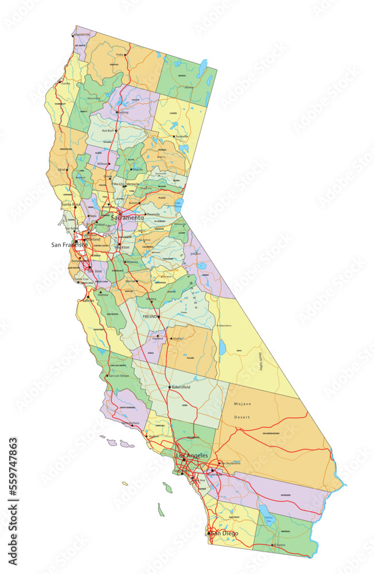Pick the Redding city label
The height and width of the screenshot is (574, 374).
pos(123,112)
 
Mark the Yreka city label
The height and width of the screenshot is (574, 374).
pos(120,55)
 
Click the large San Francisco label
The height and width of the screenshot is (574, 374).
pos(69,245)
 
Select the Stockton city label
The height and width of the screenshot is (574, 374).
pos(122,247)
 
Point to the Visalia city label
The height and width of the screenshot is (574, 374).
pos(177,339)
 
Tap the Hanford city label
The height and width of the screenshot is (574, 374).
pos(158,339)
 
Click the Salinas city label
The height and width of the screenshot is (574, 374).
pos(88,300)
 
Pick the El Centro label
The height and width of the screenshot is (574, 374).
pos(279,545)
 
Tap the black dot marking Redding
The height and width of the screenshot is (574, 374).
pos(116,112)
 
